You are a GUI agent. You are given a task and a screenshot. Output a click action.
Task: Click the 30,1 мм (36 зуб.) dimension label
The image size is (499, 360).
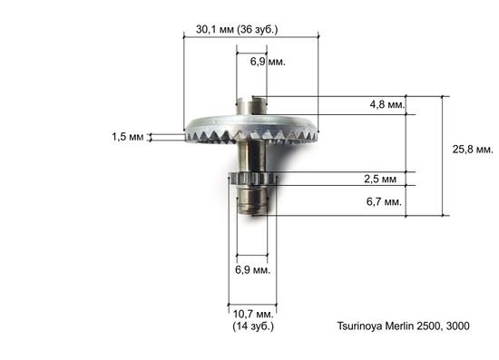point(237,29)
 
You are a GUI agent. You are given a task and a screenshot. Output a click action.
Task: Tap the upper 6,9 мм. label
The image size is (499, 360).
point(266,63)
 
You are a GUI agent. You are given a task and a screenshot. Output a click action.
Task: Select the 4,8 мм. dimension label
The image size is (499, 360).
point(386,105)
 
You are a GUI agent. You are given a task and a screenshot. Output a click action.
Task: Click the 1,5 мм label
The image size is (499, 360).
point(128,137)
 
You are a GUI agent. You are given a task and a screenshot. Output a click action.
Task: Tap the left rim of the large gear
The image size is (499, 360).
point(190,128)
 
